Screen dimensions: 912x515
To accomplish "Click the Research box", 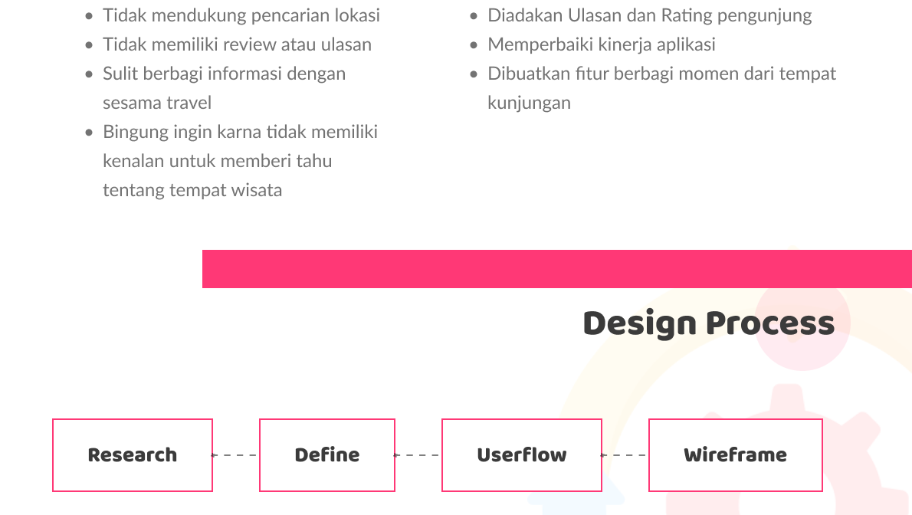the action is coord(133,455).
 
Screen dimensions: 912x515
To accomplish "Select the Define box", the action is coord(327,455).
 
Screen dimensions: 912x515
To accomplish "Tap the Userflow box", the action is coord(522,455).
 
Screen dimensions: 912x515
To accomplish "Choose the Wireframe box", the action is coord(735,455).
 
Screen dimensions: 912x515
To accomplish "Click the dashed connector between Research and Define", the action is coord(235,455).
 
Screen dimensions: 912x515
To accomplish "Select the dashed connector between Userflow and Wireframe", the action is coord(624,455).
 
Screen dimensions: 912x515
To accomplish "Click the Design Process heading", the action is coord(708,323).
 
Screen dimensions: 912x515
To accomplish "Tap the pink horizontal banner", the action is coord(557,269).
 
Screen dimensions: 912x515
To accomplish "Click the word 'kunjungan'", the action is coord(530,103).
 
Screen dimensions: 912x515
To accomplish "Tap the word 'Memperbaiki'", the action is coord(540,44).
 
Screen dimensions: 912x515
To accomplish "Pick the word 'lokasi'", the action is coord(359,16).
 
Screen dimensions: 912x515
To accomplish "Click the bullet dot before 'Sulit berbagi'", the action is coord(89,74).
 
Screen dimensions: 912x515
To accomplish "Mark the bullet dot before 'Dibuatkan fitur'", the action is coord(474,74).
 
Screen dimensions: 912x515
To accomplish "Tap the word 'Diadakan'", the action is coord(525,16).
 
